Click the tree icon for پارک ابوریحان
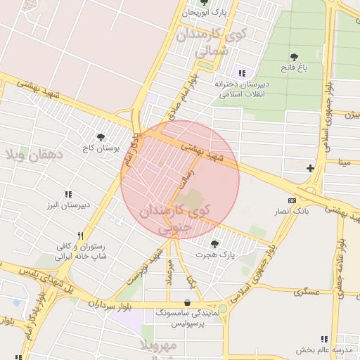[x=204, y=2]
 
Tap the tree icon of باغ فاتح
[x=294, y=57]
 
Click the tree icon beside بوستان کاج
[x=101, y=137]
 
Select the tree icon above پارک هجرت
[x=214, y=243]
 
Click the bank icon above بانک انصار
[x=292, y=200]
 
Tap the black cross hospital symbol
[x=310, y=168]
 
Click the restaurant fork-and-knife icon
[x=80, y=236]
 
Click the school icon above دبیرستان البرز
[x=68, y=194]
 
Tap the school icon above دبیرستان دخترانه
[x=242, y=73]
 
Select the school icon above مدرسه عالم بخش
[x=324, y=339]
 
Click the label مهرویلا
[x=157, y=346]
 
